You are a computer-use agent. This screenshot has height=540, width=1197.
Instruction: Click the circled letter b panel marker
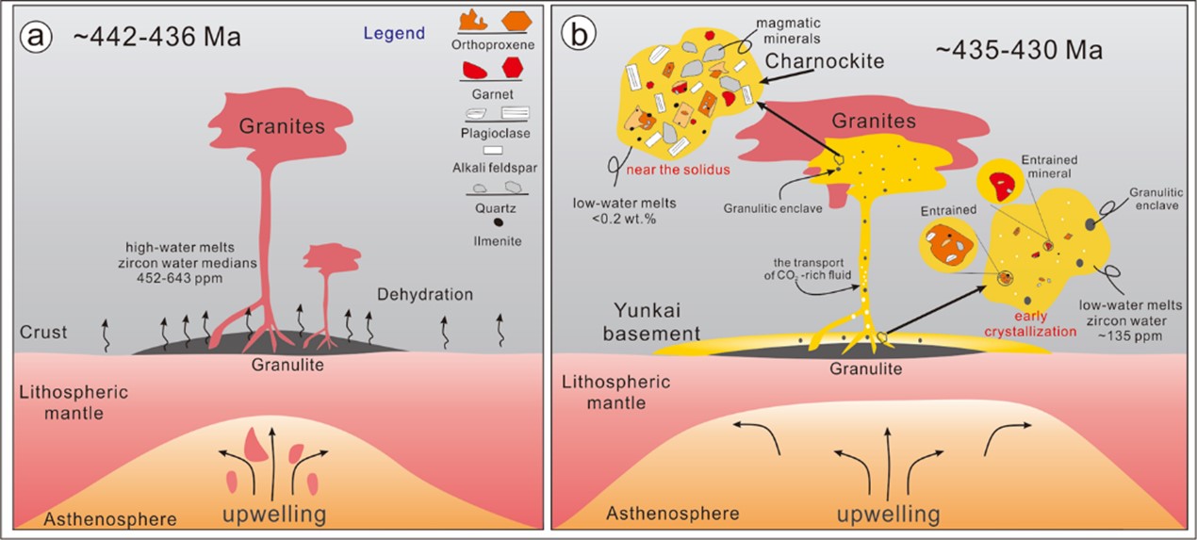tap(578, 35)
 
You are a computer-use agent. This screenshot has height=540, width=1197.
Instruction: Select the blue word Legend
tap(394, 33)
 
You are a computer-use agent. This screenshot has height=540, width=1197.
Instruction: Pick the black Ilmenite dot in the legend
tap(498, 222)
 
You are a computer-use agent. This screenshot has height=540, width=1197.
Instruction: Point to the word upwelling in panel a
tap(273, 515)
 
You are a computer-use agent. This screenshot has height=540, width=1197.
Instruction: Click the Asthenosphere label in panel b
tap(672, 513)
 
